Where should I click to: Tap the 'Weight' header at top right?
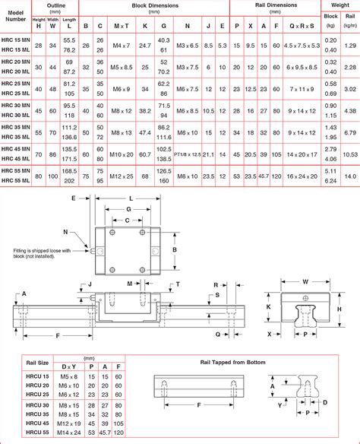pos(339,5)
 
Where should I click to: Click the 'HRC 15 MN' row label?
pos(16,39)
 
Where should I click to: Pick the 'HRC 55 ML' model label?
pos(16,181)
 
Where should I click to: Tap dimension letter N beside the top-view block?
pos(65,232)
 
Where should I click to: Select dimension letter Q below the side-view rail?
pos(217,333)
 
